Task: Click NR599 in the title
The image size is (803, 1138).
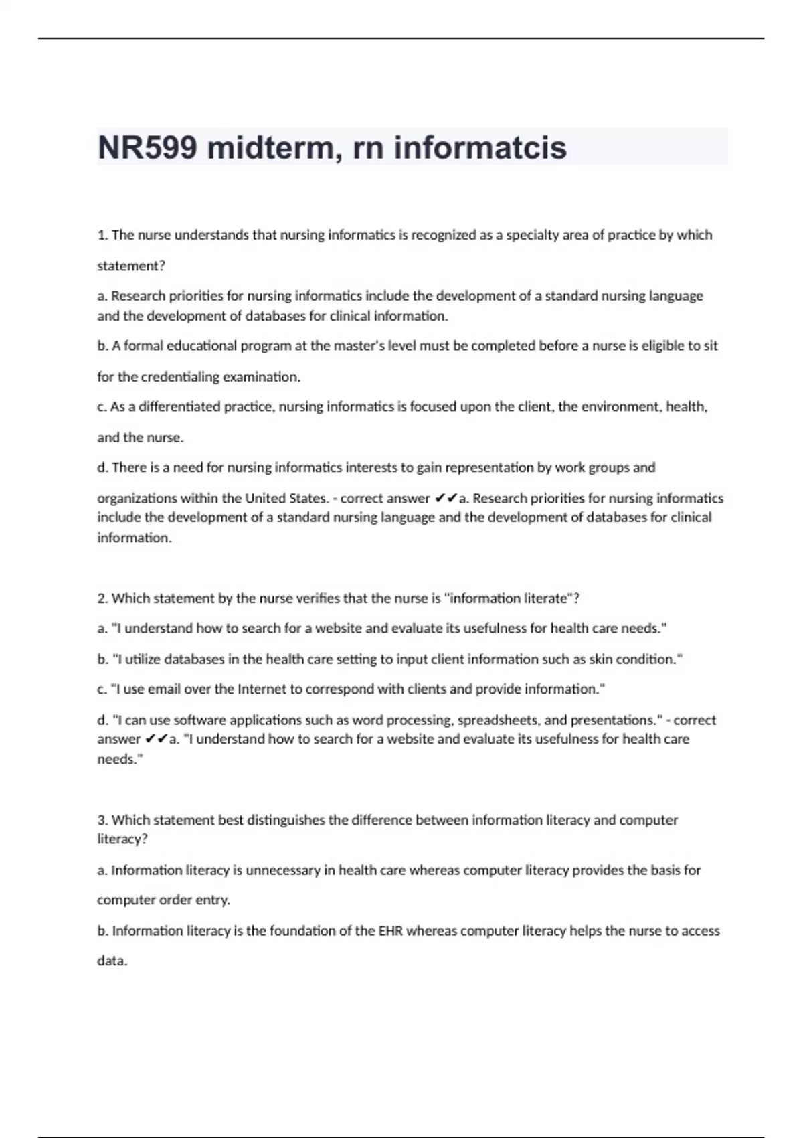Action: coord(147,147)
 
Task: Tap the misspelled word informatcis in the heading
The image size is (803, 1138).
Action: coord(480,147)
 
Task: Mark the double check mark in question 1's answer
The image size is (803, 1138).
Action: coord(446,498)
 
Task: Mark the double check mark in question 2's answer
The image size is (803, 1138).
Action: coord(156,739)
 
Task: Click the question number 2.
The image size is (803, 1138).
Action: coord(102,598)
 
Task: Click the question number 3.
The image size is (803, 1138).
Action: coord(102,820)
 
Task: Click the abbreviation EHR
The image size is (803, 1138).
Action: coord(391,931)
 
